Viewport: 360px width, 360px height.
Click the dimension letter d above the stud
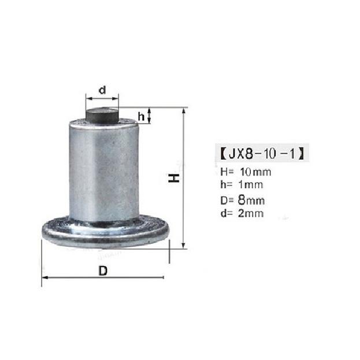(102, 90)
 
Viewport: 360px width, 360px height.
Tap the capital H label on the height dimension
(172, 177)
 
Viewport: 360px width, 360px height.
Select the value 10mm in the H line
(255, 172)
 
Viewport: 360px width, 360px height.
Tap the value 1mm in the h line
(251, 185)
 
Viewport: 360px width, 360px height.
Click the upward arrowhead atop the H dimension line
(184, 110)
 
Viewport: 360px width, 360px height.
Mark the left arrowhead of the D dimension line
(44, 278)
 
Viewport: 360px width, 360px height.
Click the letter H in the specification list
(224, 172)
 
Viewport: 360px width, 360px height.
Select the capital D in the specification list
(224, 201)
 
